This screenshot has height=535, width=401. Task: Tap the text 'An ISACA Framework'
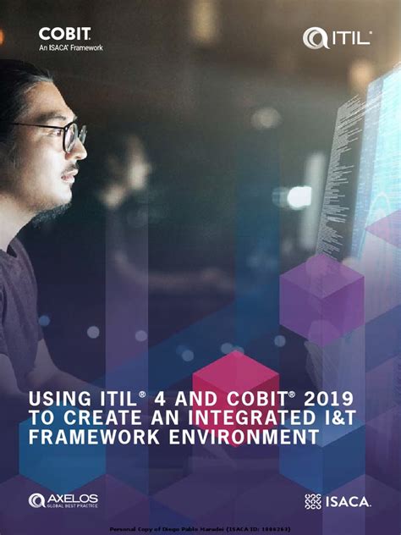71,47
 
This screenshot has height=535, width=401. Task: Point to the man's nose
82,151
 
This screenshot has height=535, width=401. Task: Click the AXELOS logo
63,500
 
